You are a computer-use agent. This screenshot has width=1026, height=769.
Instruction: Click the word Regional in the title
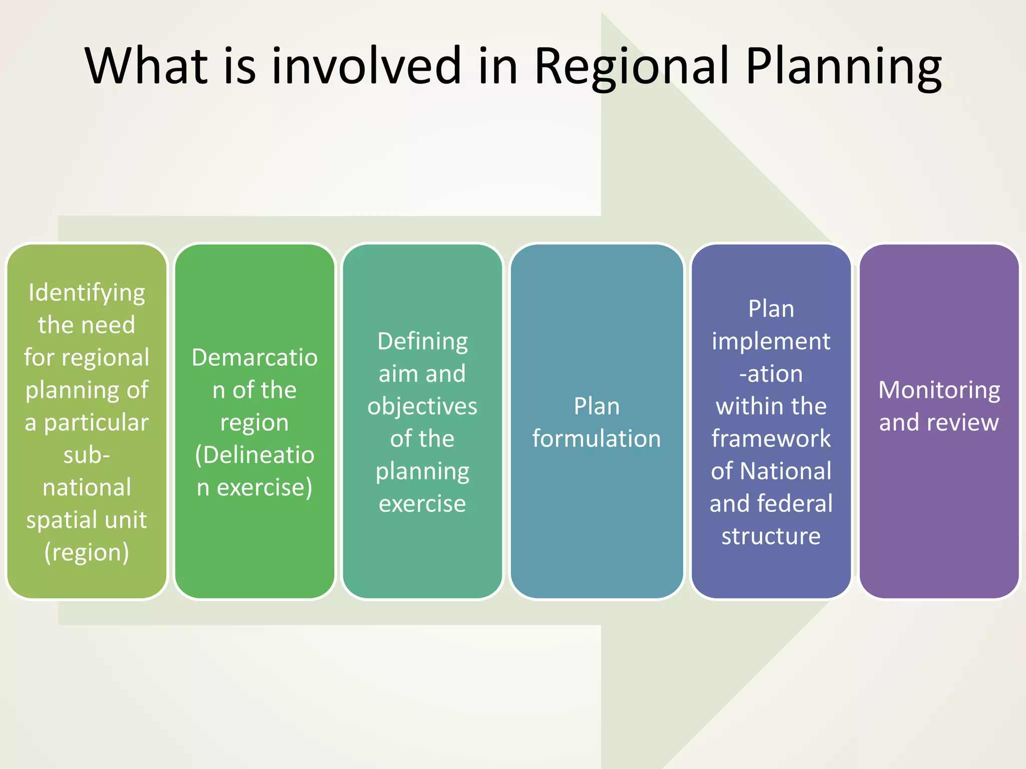[x=632, y=66]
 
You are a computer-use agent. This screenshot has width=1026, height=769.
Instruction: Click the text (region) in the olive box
[x=87, y=553]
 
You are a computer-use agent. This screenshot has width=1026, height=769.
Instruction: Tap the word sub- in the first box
[x=87, y=455]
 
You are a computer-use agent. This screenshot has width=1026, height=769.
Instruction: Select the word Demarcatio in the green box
[x=254, y=358]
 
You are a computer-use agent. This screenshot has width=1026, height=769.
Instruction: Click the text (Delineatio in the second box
[x=254, y=455]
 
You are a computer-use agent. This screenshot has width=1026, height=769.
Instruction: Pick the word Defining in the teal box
[x=422, y=342]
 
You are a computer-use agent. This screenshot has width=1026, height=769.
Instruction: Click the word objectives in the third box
[x=422, y=407]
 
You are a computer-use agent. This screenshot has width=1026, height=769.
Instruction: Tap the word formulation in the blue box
[x=596, y=439]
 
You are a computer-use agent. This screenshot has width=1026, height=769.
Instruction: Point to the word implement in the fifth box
[x=771, y=342]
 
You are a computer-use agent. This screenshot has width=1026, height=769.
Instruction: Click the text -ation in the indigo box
[x=771, y=374]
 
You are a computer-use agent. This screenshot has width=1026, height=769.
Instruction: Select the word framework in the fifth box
[x=771, y=439]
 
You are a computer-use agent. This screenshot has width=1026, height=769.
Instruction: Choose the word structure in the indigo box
[x=771, y=536]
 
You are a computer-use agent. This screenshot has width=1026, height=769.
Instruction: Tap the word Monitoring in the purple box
[x=939, y=391]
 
